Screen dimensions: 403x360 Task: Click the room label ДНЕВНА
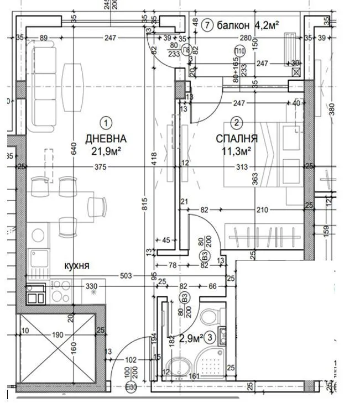(106, 138)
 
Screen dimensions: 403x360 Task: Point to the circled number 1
(106, 122)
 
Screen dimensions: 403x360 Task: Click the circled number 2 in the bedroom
(237, 123)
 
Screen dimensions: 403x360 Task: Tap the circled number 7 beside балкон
(207, 25)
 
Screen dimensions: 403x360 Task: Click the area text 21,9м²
(106, 150)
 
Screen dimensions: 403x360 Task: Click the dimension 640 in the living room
(74, 148)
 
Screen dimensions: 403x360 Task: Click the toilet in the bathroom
(210, 317)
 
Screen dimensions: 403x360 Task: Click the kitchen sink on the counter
(38, 258)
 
